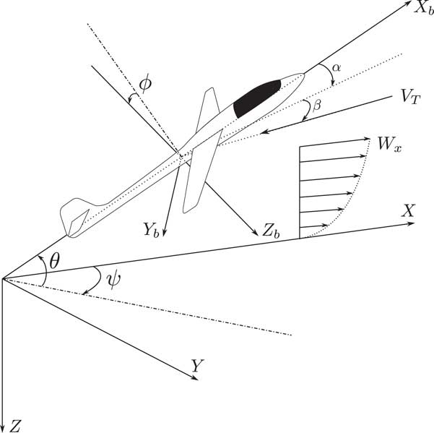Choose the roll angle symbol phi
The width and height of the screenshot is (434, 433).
coord(145,84)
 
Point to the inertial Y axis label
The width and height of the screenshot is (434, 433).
coord(195,366)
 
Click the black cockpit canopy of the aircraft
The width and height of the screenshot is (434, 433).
coord(256,98)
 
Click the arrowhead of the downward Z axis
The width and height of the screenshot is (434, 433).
coord(4,424)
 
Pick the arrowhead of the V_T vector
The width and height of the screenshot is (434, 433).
coord(265,132)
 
